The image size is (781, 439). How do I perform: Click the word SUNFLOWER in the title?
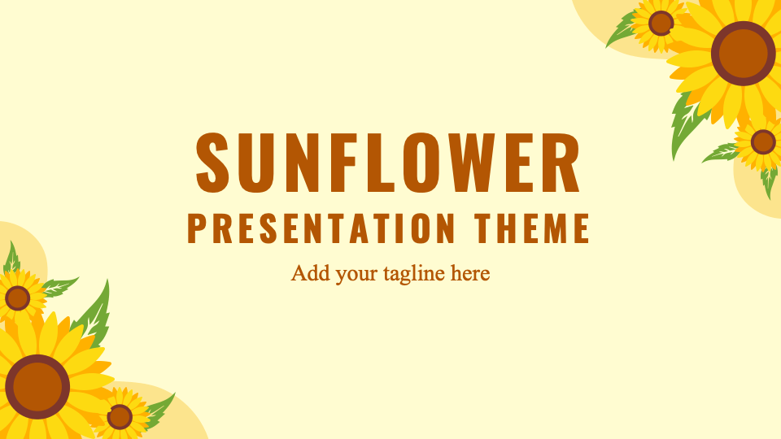pos(388,163)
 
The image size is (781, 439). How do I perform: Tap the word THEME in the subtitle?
pos(532,228)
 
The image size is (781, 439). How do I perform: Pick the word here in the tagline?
pos(470,273)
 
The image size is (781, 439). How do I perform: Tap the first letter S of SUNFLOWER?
pos(212,163)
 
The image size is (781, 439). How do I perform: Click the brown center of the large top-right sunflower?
pos(743,54)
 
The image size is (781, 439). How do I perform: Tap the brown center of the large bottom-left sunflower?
pos(37,387)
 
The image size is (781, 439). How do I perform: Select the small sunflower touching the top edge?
pos(661,24)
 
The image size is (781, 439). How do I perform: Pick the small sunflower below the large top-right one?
pos(762,142)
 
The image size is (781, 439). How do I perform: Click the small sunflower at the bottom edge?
pos(120,416)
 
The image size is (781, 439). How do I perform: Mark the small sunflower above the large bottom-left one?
pos(18,298)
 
